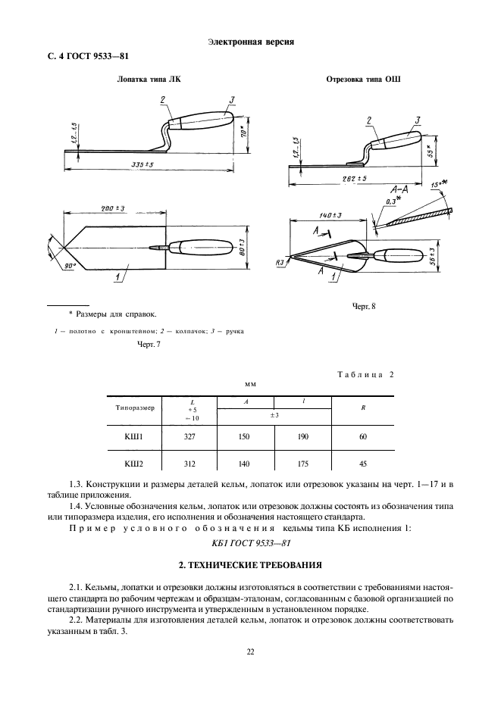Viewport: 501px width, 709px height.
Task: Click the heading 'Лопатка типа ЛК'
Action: tap(149, 79)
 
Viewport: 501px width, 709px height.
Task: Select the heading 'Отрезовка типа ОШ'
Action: tap(363, 79)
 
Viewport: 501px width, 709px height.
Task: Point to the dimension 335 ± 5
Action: tap(142, 164)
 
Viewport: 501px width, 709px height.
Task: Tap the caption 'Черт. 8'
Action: tap(364, 307)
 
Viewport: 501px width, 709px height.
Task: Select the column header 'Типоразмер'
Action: tap(135, 407)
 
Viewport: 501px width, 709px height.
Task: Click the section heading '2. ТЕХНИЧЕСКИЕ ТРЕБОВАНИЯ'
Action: tap(250, 564)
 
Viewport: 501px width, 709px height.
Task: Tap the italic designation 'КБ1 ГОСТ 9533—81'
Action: tap(250, 543)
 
